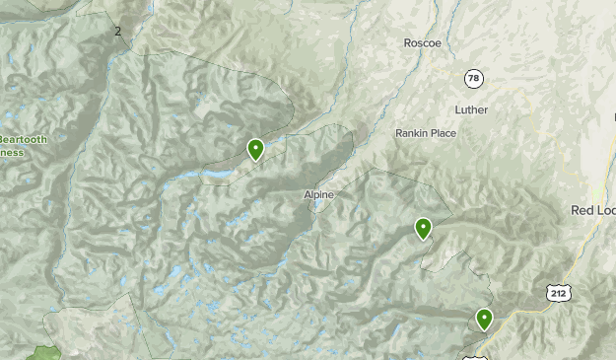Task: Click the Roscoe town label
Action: tap(423, 43)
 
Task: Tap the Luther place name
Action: tap(471, 109)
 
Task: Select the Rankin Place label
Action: tap(426, 133)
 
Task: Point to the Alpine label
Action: tap(319, 195)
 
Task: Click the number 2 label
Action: tap(118, 32)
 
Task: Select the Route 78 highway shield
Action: tap(474, 78)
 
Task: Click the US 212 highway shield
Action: tap(558, 292)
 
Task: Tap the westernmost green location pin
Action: tap(255, 150)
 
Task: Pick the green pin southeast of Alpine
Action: tap(423, 229)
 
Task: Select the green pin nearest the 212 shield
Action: tap(484, 319)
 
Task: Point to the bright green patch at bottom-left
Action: tap(44, 353)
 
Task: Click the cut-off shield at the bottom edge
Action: tap(474, 356)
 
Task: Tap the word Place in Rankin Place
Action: tap(441, 133)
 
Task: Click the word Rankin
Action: tap(411, 133)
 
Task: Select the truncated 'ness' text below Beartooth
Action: tap(10, 154)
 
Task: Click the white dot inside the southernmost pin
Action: tap(484, 317)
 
